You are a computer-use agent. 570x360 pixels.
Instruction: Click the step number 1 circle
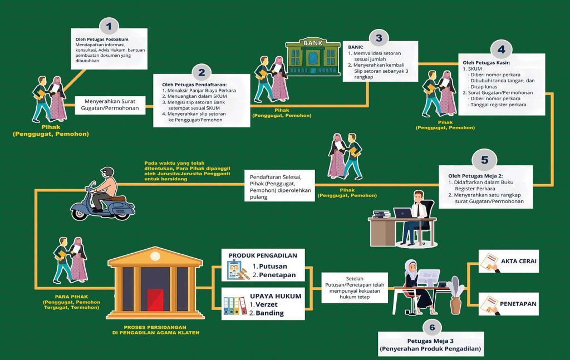coord(109,26)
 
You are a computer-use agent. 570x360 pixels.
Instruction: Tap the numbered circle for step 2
coord(201,72)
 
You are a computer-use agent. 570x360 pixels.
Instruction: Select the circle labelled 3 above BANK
coord(379,38)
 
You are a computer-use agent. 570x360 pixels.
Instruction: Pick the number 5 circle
coord(484,160)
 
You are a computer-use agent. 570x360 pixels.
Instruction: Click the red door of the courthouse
coord(155,300)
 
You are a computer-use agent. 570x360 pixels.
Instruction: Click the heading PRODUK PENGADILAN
coord(263,255)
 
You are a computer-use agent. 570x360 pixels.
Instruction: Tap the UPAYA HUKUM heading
coord(276,296)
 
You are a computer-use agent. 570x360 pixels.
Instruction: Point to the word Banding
coord(270,313)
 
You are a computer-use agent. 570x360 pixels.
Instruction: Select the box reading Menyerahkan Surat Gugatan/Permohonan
coord(111,105)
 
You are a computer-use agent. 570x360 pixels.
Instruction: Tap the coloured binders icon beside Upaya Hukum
coord(234,306)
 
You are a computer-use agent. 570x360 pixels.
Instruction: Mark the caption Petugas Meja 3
coord(430,341)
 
